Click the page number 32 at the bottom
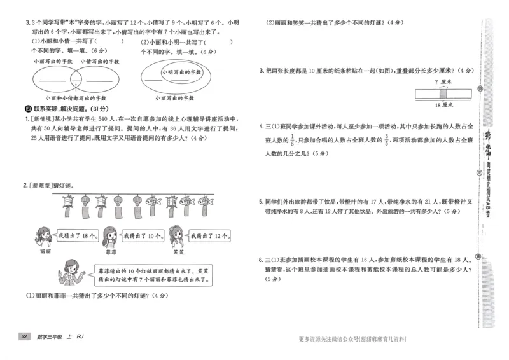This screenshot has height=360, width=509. click(x=24, y=336)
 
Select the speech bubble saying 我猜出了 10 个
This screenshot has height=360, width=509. click(x=139, y=235)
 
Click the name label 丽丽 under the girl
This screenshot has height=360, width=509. click(x=44, y=252)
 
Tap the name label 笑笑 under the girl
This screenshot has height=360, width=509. click(x=179, y=252)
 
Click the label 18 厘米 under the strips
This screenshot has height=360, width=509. click(x=440, y=104)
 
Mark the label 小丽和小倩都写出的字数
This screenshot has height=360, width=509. click(x=71, y=99)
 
